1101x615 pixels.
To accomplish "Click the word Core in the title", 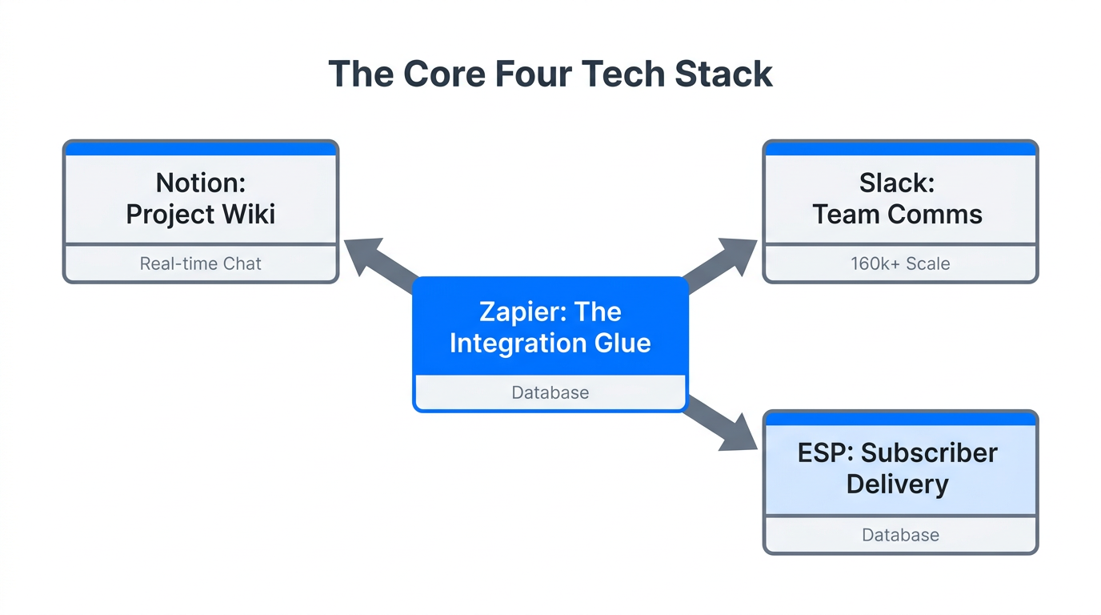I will [x=443, y=74].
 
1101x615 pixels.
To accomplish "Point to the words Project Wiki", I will [x=201, y=215].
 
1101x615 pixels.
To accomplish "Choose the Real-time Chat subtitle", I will [x=201, y=263].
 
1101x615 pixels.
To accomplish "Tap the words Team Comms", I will [x=897, y=215].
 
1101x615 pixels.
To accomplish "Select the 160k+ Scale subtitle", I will [x=900, y=263].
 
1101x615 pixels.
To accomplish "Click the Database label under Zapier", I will [x=550, y=393].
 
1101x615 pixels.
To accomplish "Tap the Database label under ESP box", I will [x=900, y=535].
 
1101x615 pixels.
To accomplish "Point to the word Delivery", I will [x=897, y=484].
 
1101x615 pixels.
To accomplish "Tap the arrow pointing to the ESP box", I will [x=722, y=425].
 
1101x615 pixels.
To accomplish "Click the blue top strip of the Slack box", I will [x=900, y=149].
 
